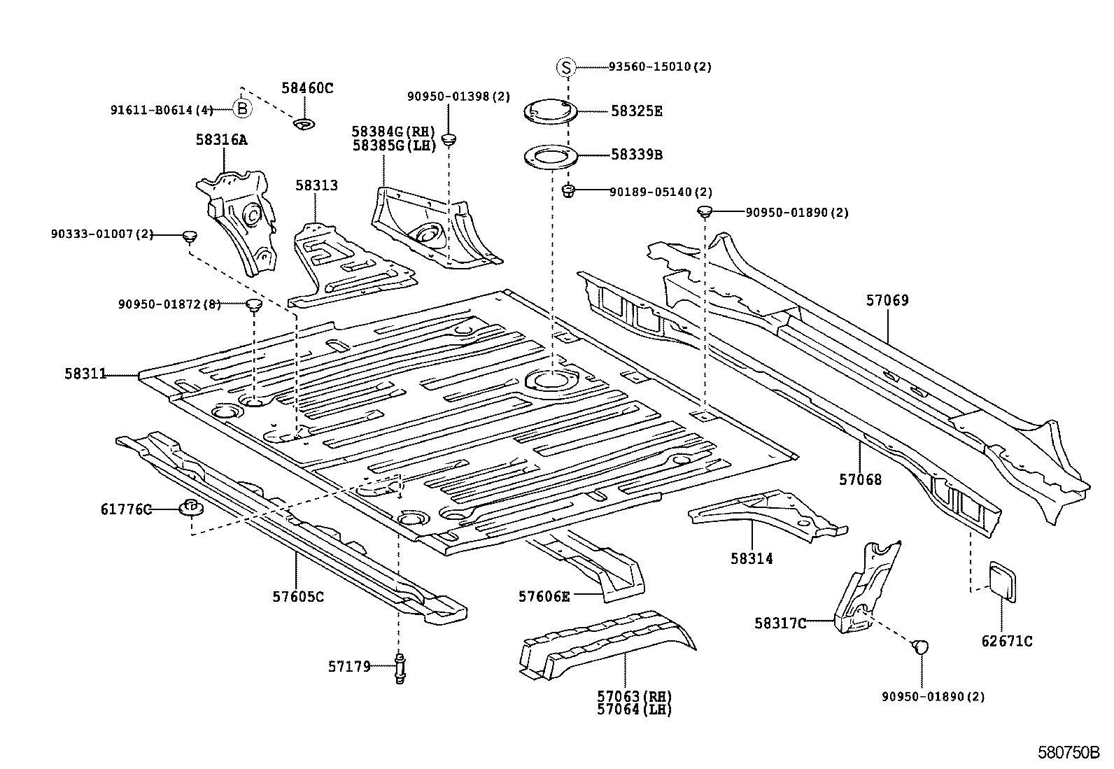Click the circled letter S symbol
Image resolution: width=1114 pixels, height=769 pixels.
[565, 67]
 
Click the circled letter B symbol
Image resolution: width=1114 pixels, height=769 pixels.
[241, 109]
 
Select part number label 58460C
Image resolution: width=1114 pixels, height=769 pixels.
[307, 88]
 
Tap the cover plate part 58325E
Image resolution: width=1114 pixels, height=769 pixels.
[550, 111]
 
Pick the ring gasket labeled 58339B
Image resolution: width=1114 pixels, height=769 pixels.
[550, 155]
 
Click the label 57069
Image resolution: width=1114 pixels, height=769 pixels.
[887, 301]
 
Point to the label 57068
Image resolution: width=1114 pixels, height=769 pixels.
[860, 479]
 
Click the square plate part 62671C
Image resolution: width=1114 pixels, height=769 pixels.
[1001, 579]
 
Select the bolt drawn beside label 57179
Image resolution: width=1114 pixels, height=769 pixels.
[400, 668]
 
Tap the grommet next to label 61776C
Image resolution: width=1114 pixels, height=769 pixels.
[190, 507]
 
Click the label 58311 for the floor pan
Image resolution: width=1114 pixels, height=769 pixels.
[85, 374]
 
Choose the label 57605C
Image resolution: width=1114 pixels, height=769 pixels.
[298, 597]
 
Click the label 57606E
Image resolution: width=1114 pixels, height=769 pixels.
[544, 596]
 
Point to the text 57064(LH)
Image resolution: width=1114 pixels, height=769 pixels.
[634, 710]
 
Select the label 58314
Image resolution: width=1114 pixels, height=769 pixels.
[752, 558]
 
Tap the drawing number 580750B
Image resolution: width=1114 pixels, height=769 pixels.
[1069, 753]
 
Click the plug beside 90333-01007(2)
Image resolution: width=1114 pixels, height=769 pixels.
[188, 236]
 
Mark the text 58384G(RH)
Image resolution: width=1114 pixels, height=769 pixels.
[393, 132]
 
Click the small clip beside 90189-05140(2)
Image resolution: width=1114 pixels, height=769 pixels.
[569, 190]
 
